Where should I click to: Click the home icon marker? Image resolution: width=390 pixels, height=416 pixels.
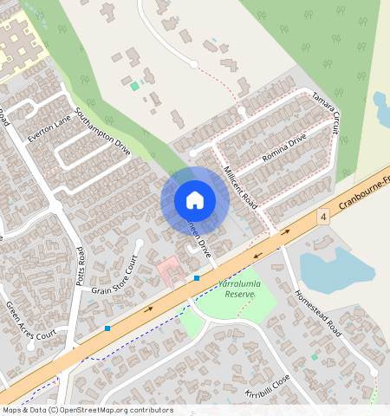point(195,200)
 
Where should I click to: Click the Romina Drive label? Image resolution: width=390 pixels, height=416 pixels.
point(284,151)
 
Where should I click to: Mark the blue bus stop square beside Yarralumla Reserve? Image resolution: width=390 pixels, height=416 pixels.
point(197,277)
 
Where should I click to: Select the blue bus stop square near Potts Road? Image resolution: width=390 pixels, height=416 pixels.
point(107,328)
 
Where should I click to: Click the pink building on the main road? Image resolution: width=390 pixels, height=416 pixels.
point(168,272)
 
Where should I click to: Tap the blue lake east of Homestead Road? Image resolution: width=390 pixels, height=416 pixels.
point(333,269)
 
